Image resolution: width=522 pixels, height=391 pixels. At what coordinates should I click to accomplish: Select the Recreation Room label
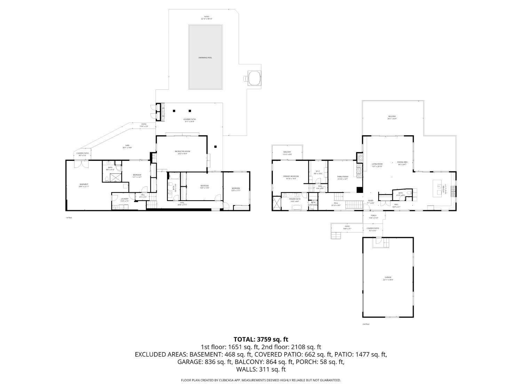(x=182, y=152)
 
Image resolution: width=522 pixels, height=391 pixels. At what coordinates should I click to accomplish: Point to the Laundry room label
(x=125, y=199)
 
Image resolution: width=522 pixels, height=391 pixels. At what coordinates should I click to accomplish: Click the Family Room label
(x=342, y=177)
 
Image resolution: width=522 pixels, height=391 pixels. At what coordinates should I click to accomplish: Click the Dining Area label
(x=402, y=163)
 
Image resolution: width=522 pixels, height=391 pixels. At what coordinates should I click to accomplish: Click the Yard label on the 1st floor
(x=127, y=146)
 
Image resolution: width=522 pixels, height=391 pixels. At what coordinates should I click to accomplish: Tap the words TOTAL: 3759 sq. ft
(x=261, y=339)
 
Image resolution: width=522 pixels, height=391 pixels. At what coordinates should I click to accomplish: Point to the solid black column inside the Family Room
(x=359, y=190)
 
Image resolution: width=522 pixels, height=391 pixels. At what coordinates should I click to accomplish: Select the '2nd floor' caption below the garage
(x=366, y=324)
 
